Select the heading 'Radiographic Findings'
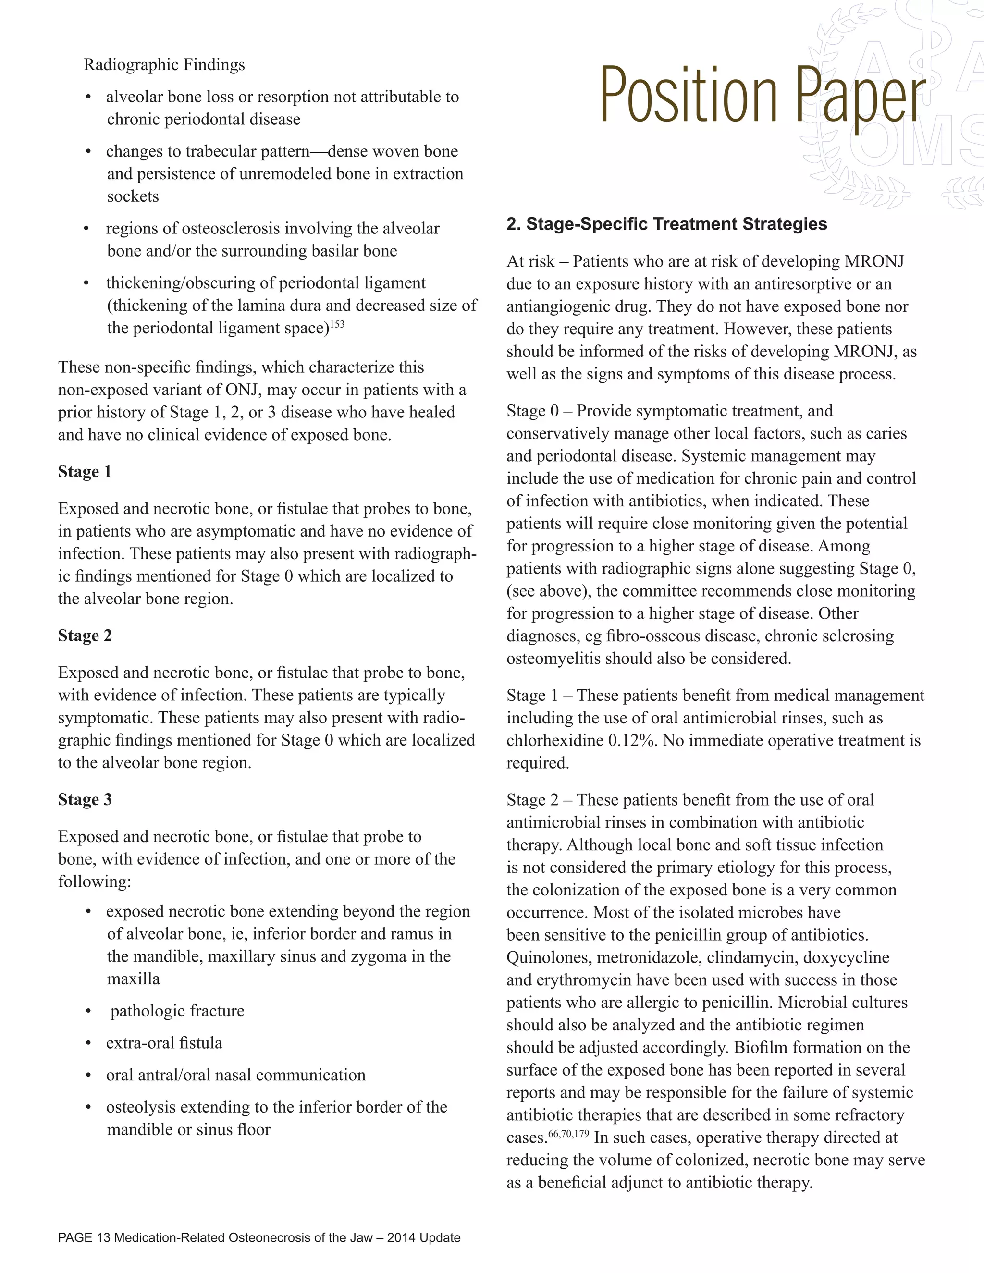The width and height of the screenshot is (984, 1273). tap(164, 65)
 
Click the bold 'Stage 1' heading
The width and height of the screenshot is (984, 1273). tap(85, 472)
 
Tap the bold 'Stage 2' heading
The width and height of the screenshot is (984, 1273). tap(85, 636)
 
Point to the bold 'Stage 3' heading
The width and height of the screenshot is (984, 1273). tap(85, 800)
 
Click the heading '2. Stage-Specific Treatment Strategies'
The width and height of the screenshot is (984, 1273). tap(666, 224)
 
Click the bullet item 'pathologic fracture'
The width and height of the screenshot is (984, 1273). tap(177, 1011)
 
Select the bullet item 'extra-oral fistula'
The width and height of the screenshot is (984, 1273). tap(164, 1043)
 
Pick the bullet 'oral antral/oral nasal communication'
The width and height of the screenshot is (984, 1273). tap(235, 1075)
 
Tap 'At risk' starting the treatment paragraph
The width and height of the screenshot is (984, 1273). tap(530, 262)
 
